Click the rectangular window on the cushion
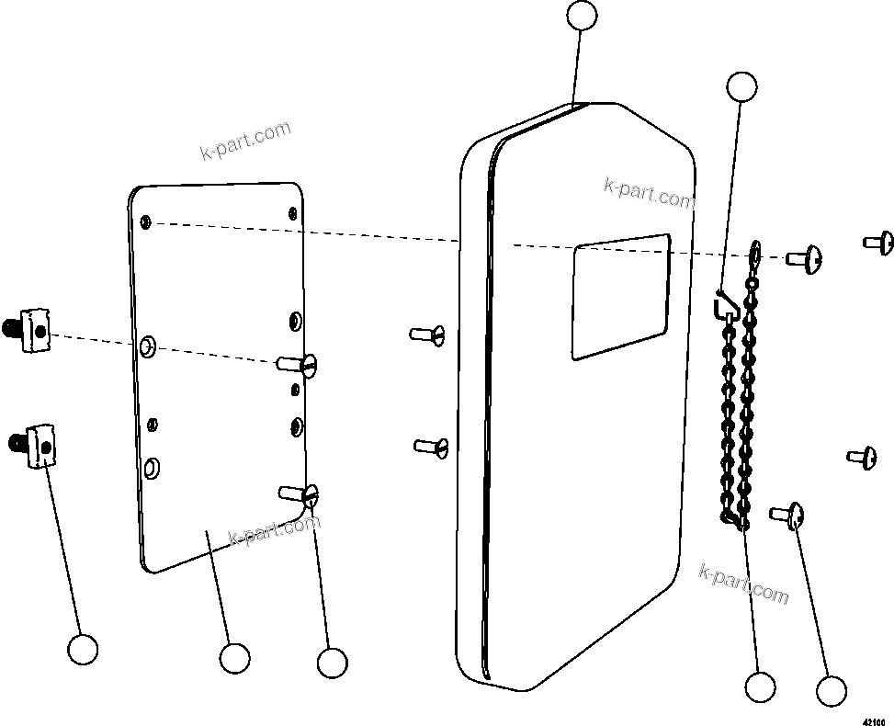tap(620, 296)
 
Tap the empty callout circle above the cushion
tap(582, 16)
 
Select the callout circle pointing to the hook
tap(741, 86)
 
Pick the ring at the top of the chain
tap(755, 249)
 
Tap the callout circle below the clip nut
tap(83, 650)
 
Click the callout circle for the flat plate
tap(234, 658)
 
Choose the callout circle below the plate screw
tap(331, 663)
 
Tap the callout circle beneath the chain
tap(760, 686)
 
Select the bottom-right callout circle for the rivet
tap(831, 691)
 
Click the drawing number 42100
tap(877, 720)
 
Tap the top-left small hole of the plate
tap(146, 221)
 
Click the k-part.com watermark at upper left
tap(245, 140)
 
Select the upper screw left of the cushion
tap(428, 335)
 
